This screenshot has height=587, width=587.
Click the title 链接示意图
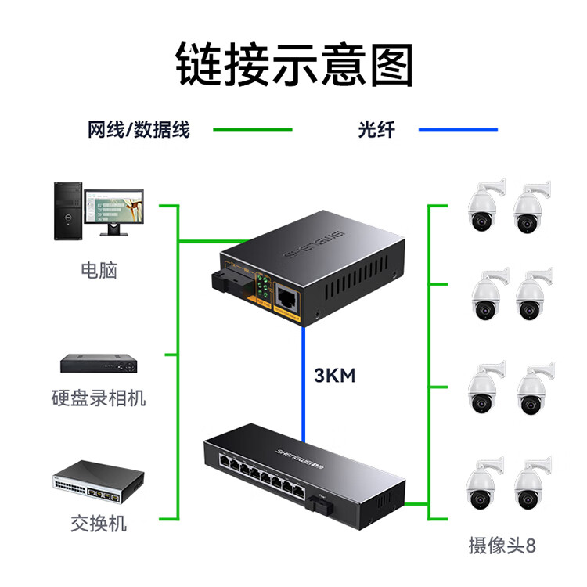(x=293, y=64)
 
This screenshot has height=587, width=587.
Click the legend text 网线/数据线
(x=139, y=130)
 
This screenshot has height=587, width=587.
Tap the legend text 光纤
(x=376, y=130)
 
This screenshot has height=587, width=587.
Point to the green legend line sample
(x=253, y=130)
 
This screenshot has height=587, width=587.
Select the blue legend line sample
(x=457, y=130)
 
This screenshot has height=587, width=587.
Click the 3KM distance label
(x=334, y=376)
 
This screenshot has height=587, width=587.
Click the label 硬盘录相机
(x=99, y=398)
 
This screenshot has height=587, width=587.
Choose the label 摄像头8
(x=502, y=546)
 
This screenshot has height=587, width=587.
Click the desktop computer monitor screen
(x=113, y=206)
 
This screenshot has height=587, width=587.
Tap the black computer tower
(x=67, y=211)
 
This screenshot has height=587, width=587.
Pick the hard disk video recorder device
(x=99, y=363)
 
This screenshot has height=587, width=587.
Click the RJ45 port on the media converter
(x=285, y=297)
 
